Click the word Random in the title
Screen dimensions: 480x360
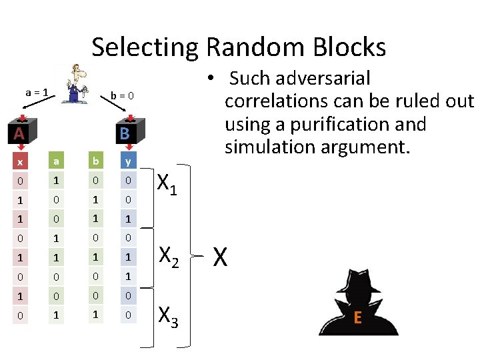(x=255, y=47)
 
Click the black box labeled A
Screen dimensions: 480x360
(x=23, y=131)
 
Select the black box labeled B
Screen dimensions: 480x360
(x=131, y=131)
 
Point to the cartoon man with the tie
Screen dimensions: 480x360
(x=76, y=84)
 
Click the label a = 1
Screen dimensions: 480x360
(x=37, y=93)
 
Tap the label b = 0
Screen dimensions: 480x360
(x=122, y=96)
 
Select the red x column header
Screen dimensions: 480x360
(x=20, y=161)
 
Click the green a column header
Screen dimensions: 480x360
(x=56, y=160)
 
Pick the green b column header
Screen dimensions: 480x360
(x=96, y=160)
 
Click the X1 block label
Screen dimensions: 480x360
(x=167, y=184)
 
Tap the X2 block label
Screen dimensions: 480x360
(x=169, y=257)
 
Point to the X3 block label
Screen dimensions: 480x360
(x=168, y=317)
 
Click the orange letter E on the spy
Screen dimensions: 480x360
(x=357, y=317)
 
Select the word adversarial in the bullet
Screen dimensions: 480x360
(x=323, y=79)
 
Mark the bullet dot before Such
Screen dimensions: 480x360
(x=210, y=77)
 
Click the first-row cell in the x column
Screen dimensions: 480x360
(x=20, y=181)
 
